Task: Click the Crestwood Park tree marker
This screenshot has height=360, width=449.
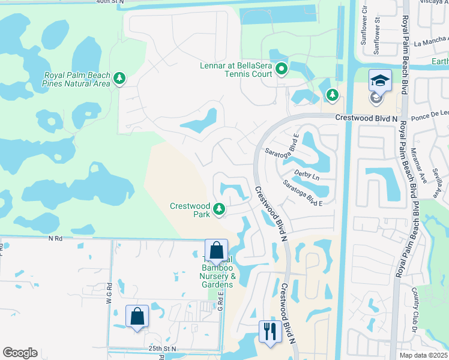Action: [220, 209]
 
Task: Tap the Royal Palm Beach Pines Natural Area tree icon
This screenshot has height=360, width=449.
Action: [120, 79]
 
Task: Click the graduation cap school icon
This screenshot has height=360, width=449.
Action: [380, 80]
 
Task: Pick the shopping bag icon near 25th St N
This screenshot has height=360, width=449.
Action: [137, 316]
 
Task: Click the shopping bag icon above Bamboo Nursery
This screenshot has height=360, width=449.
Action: [216, 250]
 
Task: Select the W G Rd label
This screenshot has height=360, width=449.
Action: [110, 298]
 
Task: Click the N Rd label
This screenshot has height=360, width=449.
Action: [56, 238]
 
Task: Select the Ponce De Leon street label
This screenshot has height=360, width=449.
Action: [429, 113]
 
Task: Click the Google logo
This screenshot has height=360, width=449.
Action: [20, 353]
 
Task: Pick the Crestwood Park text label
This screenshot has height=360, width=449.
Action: [189, 209]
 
